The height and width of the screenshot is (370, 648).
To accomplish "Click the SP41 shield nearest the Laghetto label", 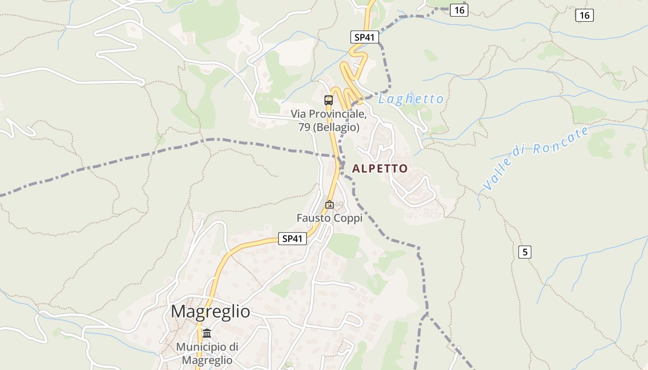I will click(x=365, y=37).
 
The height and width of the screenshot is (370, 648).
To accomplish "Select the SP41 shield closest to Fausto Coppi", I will click(x=293, y=239).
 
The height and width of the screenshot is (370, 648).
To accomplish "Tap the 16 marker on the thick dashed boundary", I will click(x=459, y=10).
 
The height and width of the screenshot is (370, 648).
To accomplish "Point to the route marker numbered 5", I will click(x=524, y=252).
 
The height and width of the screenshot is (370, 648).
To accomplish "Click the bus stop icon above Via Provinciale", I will click(x=329, y=100).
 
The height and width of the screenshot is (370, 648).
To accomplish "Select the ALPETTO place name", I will click(x=380, y=169).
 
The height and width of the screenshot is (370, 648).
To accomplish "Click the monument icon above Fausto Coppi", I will click(x=330, y=204).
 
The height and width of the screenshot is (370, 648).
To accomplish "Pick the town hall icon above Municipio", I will click(x=207, y=333).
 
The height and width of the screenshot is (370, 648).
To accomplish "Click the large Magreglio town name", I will click(x=210, y=312).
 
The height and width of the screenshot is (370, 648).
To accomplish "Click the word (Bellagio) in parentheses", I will click(x=336, y=127).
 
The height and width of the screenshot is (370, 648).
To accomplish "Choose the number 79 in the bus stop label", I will click(x=304, y=127).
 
